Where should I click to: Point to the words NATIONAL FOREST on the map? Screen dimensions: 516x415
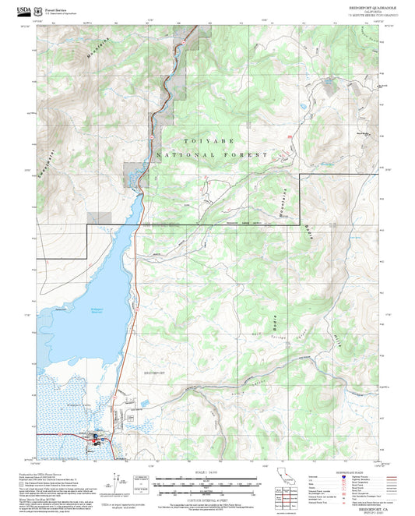[x=211, y=155]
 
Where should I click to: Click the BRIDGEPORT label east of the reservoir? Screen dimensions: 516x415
[x=156, y=373]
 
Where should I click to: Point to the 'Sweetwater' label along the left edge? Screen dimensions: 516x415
[x=38, y=164]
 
